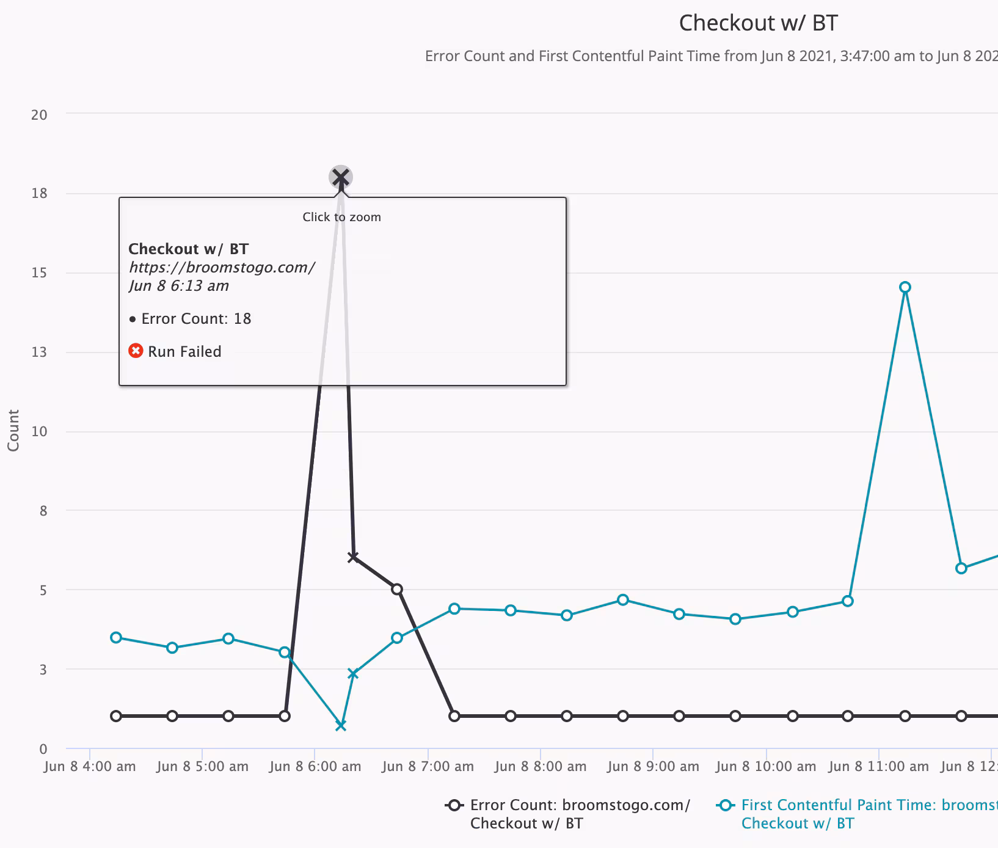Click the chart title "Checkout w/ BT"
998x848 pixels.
pos(758,23)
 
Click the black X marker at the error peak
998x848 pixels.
pos(341,177)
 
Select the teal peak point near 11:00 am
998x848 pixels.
pos(905,287)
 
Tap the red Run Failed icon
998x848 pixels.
pos(136,351)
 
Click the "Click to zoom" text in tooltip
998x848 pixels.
pos(341,217)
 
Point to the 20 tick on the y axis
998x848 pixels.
pos(39,115)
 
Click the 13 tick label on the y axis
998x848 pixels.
pos(39,352)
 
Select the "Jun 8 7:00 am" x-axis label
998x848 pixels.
pos(428,766)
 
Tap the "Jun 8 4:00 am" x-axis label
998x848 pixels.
pos(90,766)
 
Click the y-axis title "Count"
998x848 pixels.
pos(13,430)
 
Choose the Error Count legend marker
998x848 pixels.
pos(454,805)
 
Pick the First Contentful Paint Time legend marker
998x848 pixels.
pos(725,805)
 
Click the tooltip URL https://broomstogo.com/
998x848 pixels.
pos(222,268)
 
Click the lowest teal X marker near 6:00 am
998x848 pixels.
pos(341,725)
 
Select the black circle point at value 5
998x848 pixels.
pos(397,589)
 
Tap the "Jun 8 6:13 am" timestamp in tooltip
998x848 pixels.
pos(179,286)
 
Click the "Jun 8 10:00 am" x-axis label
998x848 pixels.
pos(766,766)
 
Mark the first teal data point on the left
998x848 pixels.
pos(116,637)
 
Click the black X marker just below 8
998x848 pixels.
pos(352,557)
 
